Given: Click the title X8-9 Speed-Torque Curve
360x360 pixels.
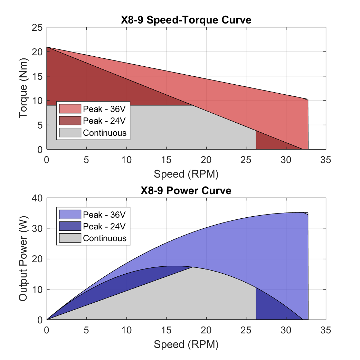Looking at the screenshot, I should (186, 20).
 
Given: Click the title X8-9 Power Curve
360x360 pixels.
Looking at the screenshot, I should (186, 190).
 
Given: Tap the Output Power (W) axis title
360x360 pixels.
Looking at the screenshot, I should (23, 259).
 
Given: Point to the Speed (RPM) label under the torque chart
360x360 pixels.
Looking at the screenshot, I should (186, 174).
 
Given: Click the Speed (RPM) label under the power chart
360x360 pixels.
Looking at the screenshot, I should (186, 344).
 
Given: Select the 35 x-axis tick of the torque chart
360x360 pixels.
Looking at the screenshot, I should (325, 160).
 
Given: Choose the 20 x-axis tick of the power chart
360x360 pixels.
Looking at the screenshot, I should (206, 330).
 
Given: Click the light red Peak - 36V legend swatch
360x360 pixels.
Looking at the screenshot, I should (70, 109).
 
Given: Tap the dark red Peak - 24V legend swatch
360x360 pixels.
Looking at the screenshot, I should (70, 121).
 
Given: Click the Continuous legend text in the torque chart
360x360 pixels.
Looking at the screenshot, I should (105, 133).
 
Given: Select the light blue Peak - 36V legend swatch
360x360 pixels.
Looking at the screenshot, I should (70, 215).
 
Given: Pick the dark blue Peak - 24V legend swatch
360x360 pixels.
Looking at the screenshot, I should (70, 226).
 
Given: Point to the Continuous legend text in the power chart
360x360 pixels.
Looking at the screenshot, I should (105, 238).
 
